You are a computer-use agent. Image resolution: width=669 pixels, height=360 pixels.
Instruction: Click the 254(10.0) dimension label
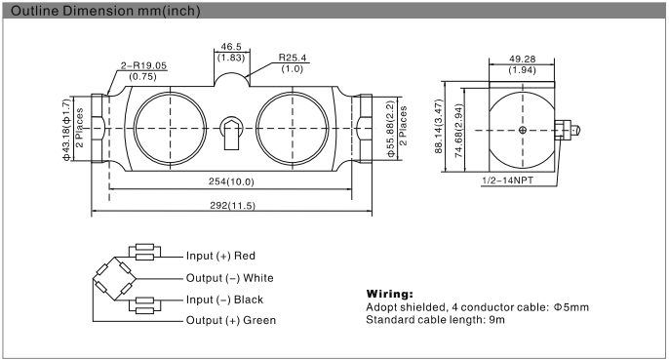[232, 182]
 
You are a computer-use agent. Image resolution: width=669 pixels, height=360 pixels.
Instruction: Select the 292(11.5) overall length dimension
[232, 206]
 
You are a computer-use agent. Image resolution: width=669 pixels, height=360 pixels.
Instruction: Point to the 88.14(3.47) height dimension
[440, 129]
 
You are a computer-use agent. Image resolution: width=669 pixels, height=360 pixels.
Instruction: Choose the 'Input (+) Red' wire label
[220, 256]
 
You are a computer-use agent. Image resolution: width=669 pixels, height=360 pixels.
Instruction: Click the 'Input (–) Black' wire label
[224, 299]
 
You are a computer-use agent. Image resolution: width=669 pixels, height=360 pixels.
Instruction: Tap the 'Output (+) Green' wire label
[230, 320]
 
